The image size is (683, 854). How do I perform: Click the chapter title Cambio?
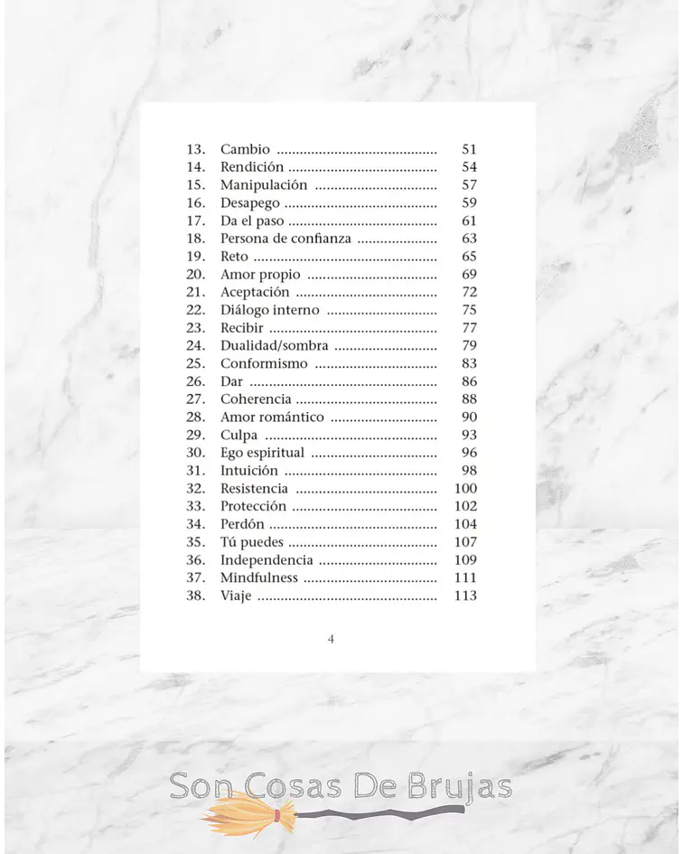[245, 149]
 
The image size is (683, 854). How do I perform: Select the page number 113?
[464, 596]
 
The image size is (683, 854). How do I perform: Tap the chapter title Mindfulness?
[258, 577]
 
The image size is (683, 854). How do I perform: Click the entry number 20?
[196, 275]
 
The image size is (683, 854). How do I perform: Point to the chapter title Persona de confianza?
[285, 239]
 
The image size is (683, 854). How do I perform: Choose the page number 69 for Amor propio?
[469, 275]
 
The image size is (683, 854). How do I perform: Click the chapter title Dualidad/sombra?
[274, 346]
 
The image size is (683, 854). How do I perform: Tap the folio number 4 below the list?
[331, 639]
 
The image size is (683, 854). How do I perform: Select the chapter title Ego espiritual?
[262, 453]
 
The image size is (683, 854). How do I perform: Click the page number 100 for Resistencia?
[464, 489]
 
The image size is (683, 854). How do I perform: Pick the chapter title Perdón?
[242, 524]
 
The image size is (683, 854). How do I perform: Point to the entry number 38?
[196, 596]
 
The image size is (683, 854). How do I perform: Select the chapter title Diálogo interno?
[269, 310]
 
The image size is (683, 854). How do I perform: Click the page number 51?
[469, 149]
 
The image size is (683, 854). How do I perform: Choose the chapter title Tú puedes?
[252, 542]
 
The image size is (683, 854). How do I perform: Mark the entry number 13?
[196, 149]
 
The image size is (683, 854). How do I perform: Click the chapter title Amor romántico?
[272, 418]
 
